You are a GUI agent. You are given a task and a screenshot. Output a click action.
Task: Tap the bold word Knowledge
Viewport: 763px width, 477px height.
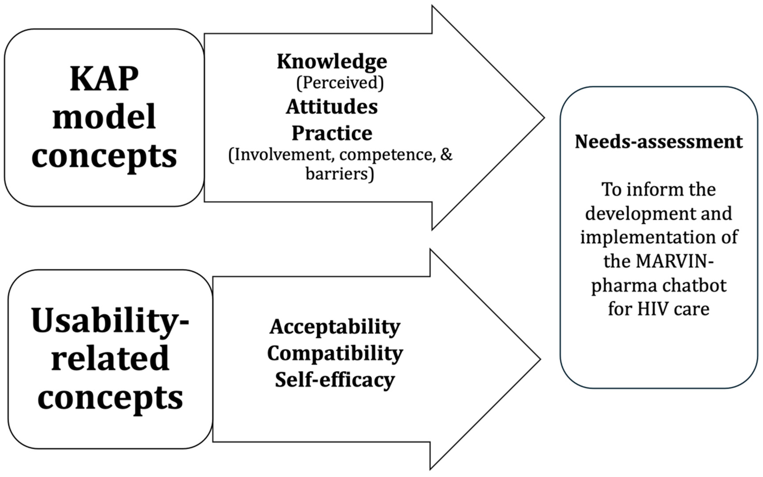[x=332, y=62]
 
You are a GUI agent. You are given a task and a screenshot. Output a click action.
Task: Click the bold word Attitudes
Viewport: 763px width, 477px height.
[x=332, y=107]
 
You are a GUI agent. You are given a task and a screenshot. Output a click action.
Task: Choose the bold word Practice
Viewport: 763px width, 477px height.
[x=332, y=133]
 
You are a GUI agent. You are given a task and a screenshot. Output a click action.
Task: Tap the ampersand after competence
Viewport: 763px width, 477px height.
[x=446, y=155]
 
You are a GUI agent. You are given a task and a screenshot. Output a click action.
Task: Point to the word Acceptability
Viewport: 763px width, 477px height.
[x=335, y=327]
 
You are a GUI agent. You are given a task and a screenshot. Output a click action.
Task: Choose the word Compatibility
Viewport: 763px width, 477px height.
[x=335, y=353]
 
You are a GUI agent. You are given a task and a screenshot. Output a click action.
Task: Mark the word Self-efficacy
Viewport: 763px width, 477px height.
[x=335, y=380]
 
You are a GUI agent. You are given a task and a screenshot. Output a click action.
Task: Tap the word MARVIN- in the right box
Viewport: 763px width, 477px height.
[x=659, y=261]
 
